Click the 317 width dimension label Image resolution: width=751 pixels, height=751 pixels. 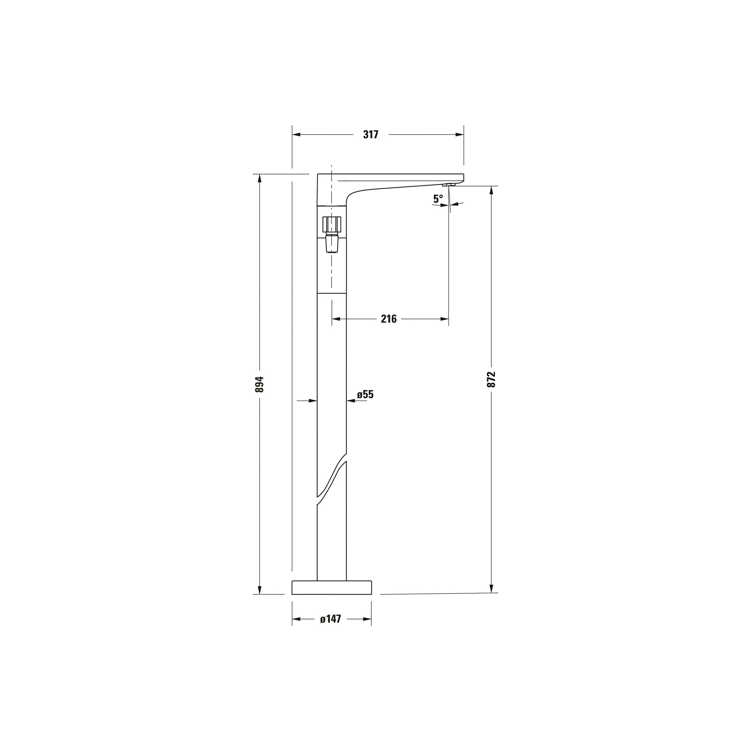(x=370, y=135)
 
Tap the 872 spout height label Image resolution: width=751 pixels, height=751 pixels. (x=491, y=379)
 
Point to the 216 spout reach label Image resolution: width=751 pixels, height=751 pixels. (x=388, y=319)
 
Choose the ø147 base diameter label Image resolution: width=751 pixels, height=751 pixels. (x=330, y=619)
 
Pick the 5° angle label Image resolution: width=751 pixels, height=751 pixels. (x=438, y=199)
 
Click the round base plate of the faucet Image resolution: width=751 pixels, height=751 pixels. (x=332, y=598)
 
